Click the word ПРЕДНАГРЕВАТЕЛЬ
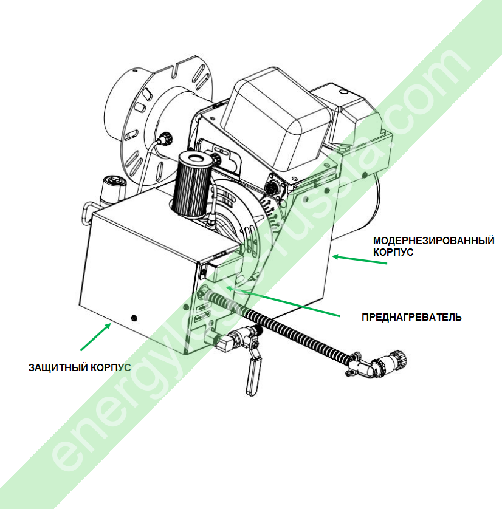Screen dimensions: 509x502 pyautogui.click(x=411, y=317)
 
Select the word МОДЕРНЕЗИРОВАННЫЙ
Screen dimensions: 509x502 pyautogui.click(x=433, y=241)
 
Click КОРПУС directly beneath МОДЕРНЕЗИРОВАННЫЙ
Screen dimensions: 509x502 pyautogui.click(x=393, y=252)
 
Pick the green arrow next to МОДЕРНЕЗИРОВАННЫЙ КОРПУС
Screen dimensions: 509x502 pyautogui.click(x=359, y=259)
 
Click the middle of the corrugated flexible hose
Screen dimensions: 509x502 pyautogui.click(x=286, y=329)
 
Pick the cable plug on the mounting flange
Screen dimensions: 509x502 pyautogui.click(x=163, y=138)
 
